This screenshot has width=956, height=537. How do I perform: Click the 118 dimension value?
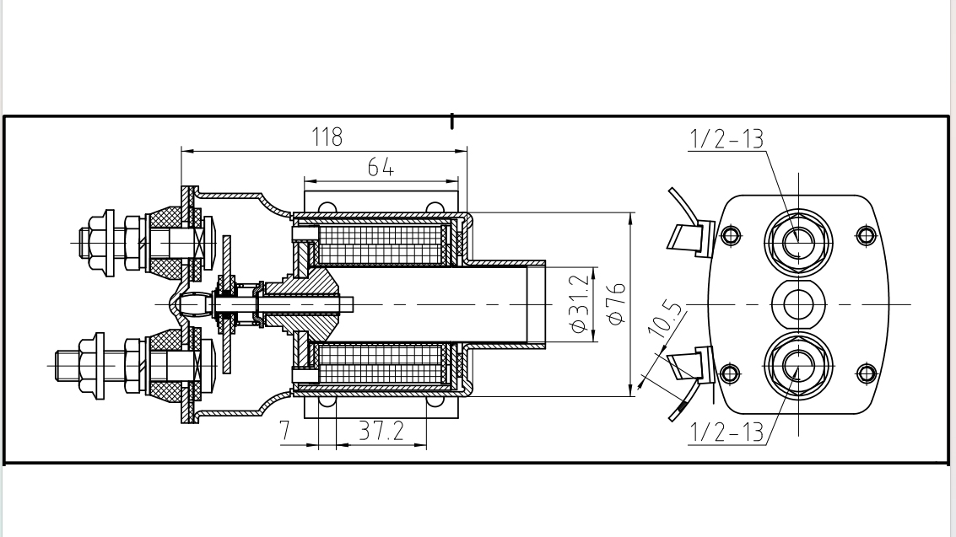pyautogui.click(x=327, y=137)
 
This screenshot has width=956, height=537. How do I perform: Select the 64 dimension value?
pyautogui.click(x=381, y=167)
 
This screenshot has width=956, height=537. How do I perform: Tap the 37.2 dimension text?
pyautogui.click(x=381, y=432)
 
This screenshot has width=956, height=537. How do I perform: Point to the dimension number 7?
pyautogui.click(x=285, y=432)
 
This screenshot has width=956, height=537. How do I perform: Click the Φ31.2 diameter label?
pyautogui.click(x=579, y=304)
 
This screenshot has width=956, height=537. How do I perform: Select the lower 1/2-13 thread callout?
pyautogui.click(x=726, y=432)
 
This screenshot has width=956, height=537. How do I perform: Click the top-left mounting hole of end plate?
pyautogui.click(x=731, y=235)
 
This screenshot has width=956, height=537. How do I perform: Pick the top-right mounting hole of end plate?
pyautogui.click(x=865, y=235)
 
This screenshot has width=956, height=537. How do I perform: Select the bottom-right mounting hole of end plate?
pyautogui.click(x=865, y=372)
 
